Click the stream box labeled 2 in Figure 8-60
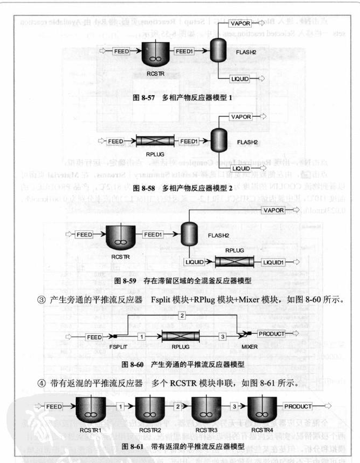click(x=182, y=315)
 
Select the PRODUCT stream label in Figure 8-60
click(x=271, y=334)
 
